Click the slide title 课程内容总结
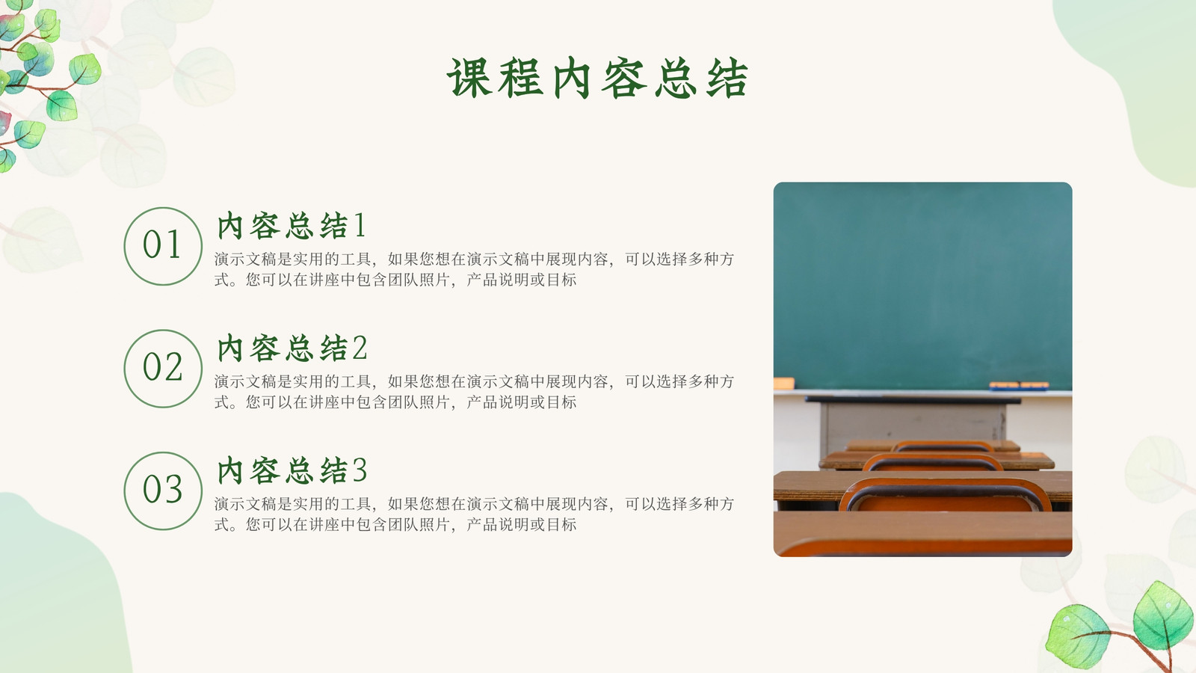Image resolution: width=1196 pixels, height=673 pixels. [597, 79]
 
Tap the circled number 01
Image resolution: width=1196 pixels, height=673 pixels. [163, 246]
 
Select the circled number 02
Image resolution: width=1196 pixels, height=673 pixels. [163, 369]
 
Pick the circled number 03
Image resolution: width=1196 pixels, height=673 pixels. [163, 491]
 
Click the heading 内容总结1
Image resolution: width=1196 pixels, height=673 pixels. [292, 225]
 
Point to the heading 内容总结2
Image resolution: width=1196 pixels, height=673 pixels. [292, 348]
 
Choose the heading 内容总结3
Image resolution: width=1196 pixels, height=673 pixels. [292, 470]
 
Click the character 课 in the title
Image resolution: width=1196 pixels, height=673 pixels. [469, 79]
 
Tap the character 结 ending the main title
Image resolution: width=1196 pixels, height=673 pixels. [727, 79]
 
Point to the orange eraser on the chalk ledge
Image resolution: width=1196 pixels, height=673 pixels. [784, 383]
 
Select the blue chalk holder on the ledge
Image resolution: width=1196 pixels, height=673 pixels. [1019, 386]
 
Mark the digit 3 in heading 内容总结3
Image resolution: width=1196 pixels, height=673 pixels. [360, 470]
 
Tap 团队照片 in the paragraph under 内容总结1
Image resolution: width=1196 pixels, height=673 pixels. [419, 280]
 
